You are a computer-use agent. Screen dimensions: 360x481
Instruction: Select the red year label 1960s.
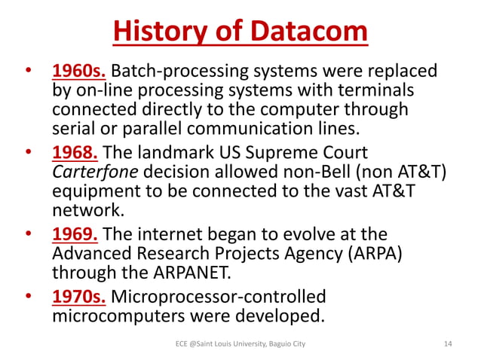[81, 72]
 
